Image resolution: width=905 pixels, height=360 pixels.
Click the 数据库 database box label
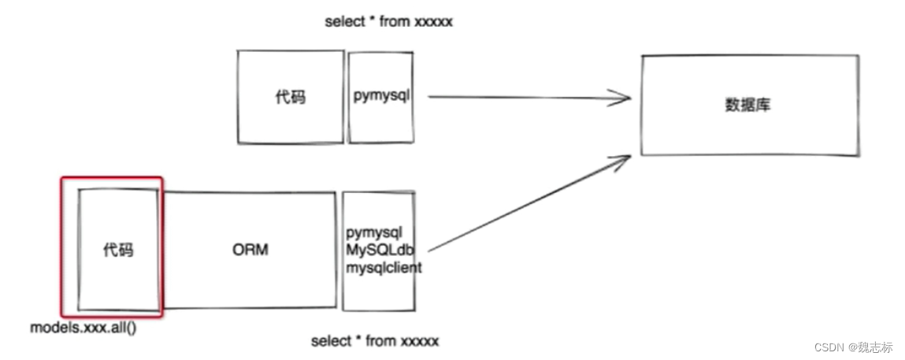(747, 105)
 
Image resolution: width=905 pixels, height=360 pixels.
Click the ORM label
(250, 250)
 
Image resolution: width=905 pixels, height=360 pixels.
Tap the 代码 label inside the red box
(118, 251)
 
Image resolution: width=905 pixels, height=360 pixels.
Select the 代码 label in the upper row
(290, 98)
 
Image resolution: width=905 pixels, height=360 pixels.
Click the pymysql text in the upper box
(381, 96)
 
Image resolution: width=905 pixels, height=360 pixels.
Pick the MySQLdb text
(380, 250)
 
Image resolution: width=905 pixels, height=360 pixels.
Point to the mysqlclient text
(384, 267)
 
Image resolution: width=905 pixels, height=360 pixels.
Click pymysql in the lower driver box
(374, 233)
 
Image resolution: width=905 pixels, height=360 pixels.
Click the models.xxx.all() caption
(83, 326)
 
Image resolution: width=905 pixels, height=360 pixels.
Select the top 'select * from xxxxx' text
(388, 22)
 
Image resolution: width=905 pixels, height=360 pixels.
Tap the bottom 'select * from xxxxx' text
(375, 341)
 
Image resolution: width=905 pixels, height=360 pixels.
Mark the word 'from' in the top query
(394, 22)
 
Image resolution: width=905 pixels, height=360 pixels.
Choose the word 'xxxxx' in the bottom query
(419, 341)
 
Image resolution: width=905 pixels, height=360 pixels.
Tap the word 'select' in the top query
(343, 22)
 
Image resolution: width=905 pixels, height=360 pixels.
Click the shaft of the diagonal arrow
(524, 207)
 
